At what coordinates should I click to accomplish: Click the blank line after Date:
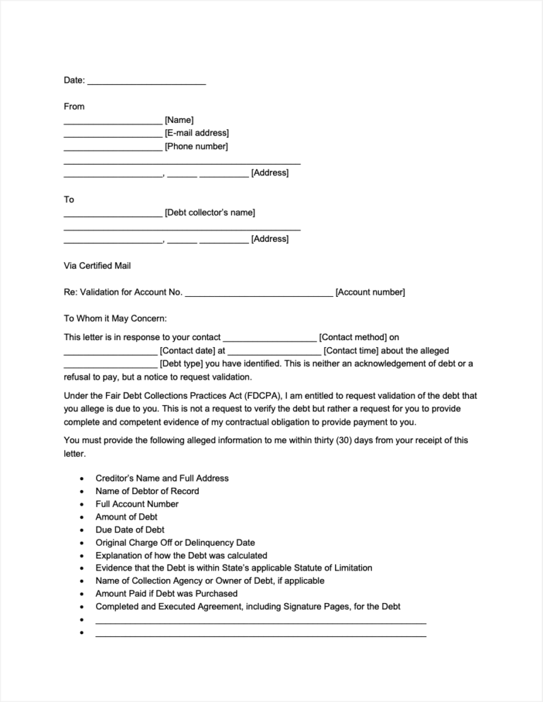(x=146, y=82)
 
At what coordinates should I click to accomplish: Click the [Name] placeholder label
(x=179, y=120)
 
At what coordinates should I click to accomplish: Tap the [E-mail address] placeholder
(x=197, y=133)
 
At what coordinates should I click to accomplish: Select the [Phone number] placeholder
(x=196, y=146)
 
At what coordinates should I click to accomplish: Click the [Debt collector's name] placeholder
(x=209, y=213)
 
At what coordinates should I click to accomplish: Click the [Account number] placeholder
(x=370, y=293)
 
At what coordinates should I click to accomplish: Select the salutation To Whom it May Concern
(x=115, y=319)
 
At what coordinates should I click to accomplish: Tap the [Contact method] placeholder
(x=353, y=338)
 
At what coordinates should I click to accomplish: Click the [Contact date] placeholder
(x=187, y=351)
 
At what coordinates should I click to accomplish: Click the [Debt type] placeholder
(x=182, y=363)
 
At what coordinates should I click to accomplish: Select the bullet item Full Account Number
(x=136, y=504)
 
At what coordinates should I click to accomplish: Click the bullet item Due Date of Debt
(x=130, y=530)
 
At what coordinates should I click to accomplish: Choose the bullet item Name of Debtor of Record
(x=147, y=491)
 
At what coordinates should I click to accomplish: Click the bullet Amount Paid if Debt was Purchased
(x=166, y=594)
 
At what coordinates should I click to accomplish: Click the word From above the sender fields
(x=74, y=107)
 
